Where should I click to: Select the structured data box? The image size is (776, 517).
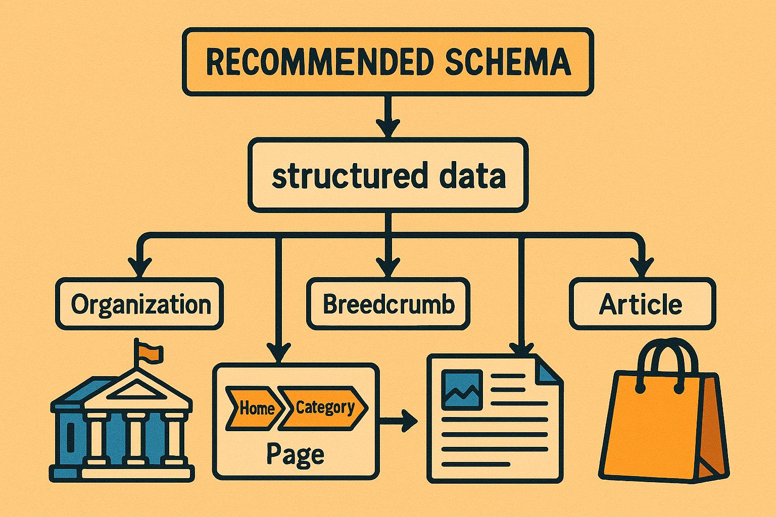pos(387,176)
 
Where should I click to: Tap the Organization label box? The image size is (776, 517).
pos(140,304)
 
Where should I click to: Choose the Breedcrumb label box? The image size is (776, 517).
pos(388,304)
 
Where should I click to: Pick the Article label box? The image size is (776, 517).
pos(642,304)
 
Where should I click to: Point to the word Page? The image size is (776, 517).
pos(295,454)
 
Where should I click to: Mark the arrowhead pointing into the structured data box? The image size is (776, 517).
pos(388,128)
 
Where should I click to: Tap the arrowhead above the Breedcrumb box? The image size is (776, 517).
pos(388,266)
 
